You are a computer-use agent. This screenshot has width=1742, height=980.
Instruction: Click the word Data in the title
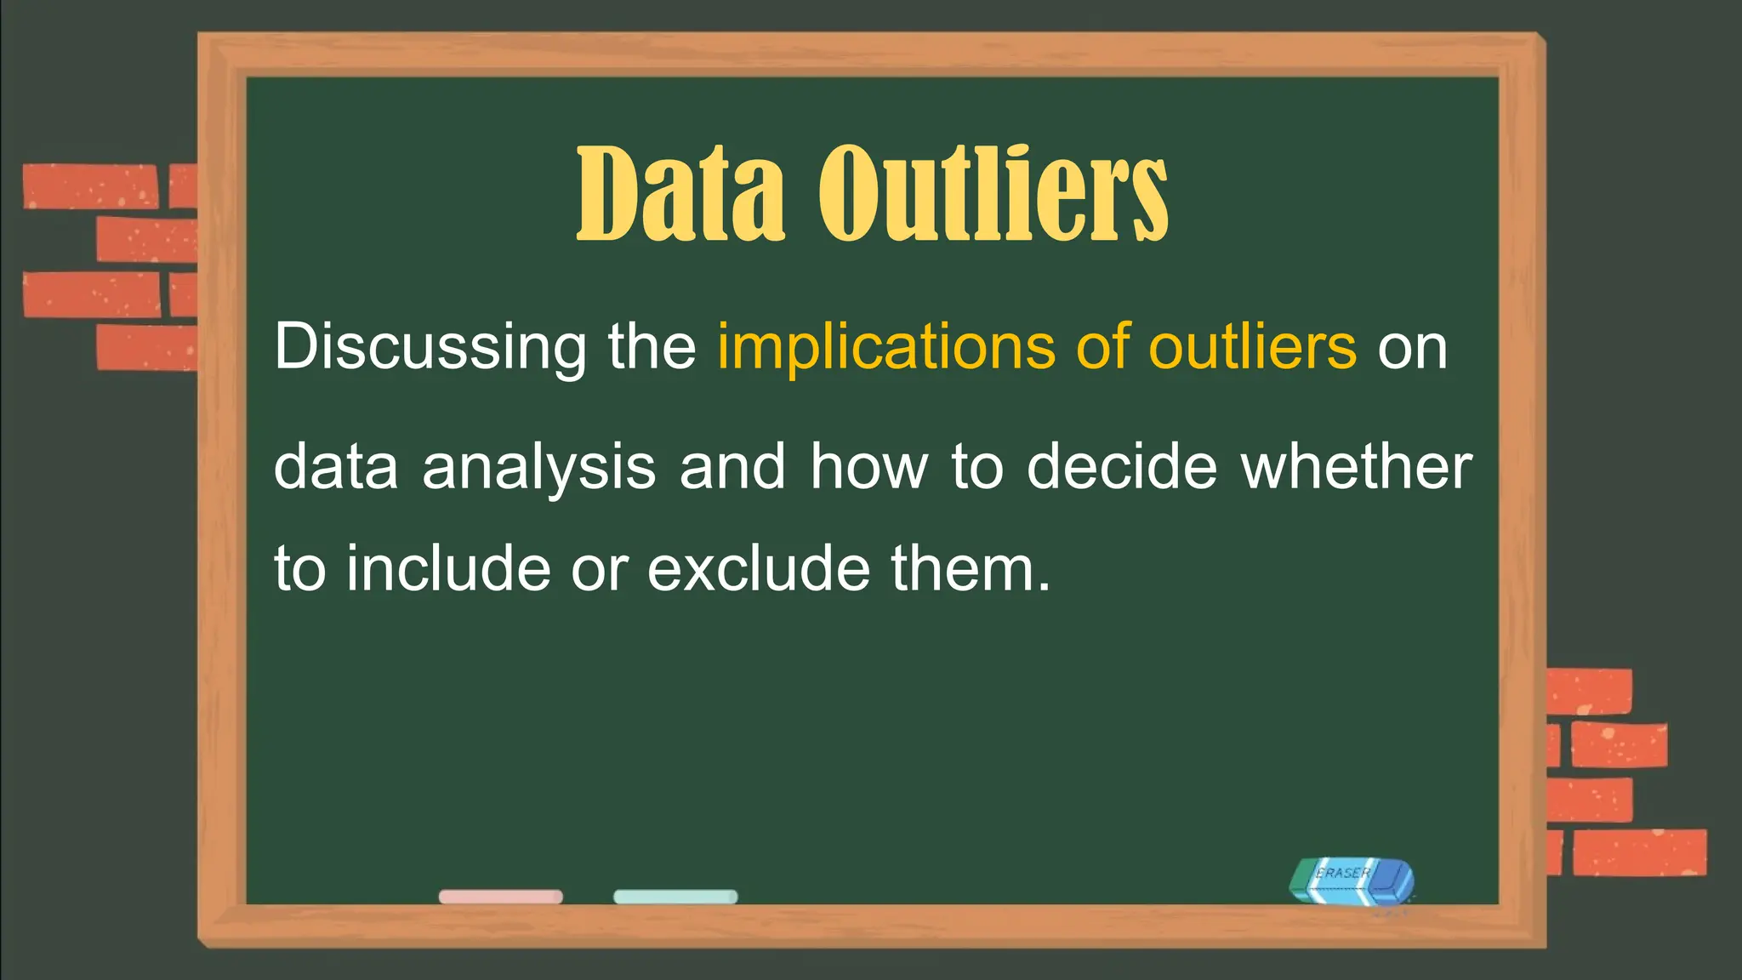[x=680, y=193]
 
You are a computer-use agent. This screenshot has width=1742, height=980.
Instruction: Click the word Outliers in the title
[x=993, y=193]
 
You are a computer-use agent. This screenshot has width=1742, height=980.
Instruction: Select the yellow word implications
[x=885, y=347]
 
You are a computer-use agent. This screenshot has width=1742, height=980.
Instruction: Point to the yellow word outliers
[x=1252, y=347]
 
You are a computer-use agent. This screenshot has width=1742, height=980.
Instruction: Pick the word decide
[x=1122, y=467]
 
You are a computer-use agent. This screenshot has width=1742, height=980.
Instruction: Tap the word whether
[x=1357, y=467]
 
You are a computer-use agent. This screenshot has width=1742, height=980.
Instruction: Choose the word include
[x=448, y=568]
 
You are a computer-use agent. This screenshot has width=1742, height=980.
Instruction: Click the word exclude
[x=759, y=568]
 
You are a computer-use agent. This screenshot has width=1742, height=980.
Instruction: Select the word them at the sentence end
[x=970, y=568]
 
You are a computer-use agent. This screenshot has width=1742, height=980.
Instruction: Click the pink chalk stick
[x=500, y=897]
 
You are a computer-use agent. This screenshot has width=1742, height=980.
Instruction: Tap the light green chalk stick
[x=675, y=897]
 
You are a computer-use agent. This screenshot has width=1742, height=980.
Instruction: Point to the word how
[x=868, y=467]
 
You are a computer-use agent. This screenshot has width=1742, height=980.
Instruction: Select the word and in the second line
[x=732, y=467]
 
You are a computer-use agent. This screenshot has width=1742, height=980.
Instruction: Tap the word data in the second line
[x=336, y=467]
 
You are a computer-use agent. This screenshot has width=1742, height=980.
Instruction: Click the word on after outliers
[x=1412, y=347]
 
